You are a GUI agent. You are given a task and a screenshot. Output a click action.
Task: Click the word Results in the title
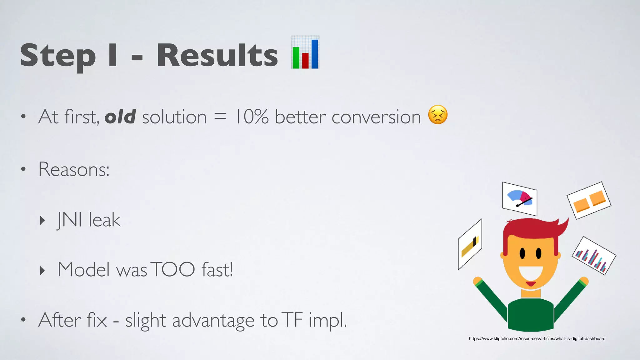(x=217, y=55)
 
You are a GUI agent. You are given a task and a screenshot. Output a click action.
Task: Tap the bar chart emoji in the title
(x=305, y=52)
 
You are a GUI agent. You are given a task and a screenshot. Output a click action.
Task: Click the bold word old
(x=120, y=117)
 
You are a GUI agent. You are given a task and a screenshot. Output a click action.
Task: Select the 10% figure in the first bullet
(x=252, y=117)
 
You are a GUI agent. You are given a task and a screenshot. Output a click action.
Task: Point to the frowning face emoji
(x=437, y=115)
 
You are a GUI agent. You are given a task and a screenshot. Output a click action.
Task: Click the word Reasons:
(x=74, y=169)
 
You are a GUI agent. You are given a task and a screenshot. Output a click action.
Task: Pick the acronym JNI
(x=69, y=220)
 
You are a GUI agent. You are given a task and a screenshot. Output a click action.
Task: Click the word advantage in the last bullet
(x=213, y=320)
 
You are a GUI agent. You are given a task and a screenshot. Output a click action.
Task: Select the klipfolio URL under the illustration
(x=537, y=338)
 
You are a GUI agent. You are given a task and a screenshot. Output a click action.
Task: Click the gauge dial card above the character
(x=519, y=199)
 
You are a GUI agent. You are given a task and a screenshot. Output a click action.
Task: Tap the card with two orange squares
(x=589, y=201)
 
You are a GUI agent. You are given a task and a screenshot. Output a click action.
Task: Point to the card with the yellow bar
(x=470, y=244)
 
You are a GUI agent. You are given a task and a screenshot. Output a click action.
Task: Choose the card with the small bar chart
(x=594, y=256)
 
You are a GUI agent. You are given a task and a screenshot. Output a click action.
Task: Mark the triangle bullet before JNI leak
(x=42, y=220)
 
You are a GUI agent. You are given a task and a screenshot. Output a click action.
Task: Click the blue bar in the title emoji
(x=314, y=54)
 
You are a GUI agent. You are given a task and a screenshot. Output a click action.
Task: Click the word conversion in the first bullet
(x=376, y=117)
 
